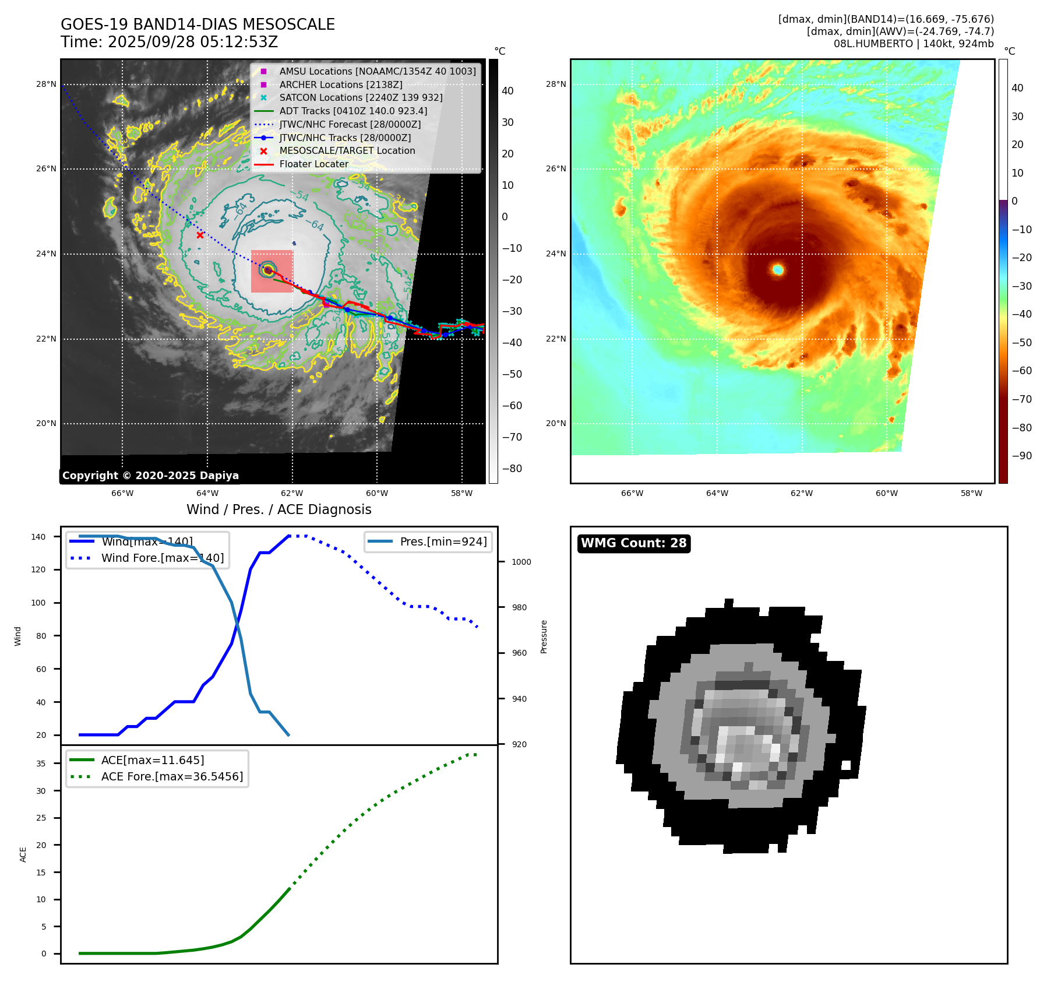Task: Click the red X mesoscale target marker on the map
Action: [200, 235]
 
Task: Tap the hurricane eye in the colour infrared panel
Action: [778, 269]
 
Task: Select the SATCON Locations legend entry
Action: [361, 97]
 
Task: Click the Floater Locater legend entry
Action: [313, 164]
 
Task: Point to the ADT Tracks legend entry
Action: [353, 111]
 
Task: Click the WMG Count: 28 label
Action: [633, 543]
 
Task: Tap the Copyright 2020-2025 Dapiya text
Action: [150, 476]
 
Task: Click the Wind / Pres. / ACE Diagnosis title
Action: [279, 509]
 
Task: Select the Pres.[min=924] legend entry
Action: [443, 541]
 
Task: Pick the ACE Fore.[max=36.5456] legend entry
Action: [172, 776]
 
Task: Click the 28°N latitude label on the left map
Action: [46, 84]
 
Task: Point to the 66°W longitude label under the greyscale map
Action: [122, 493]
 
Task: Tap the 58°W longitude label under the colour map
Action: [971, 493]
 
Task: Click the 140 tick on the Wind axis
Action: [38, 537]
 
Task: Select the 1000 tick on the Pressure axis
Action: [521, 562]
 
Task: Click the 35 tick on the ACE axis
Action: [41, 764]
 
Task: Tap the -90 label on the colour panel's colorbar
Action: [1021, 456]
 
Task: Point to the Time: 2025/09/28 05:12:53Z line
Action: [169, 42]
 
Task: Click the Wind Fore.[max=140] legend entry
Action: [162, 558]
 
